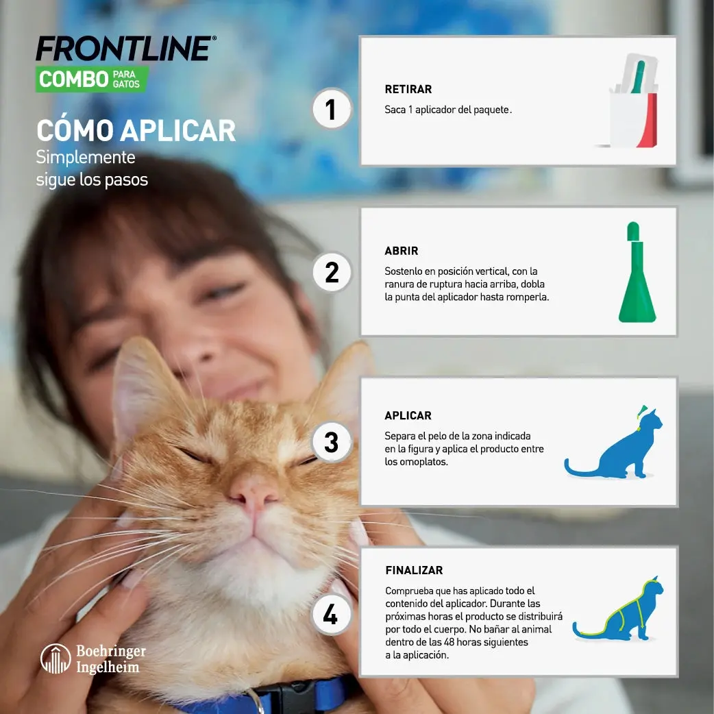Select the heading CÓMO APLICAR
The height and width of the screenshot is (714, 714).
point(136,130)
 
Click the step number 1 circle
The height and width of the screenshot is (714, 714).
point(332,110)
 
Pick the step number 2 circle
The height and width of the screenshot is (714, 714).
point(332,272)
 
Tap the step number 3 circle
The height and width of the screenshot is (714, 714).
point(332,442)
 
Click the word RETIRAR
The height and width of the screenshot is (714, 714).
point(408,89)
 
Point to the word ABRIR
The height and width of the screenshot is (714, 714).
point(401,251)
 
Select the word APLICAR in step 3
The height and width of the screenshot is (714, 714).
point(408,415)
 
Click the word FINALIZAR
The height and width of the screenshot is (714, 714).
point(414,570)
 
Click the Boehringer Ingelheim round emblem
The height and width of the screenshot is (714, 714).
point(56,658)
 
